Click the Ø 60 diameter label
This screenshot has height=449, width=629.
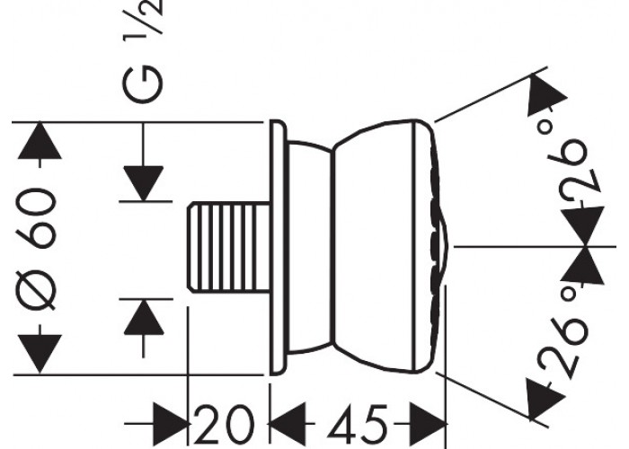tap(35, 249)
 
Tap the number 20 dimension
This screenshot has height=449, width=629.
tap(225, 423)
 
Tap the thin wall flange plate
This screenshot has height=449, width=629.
tap(277, 247)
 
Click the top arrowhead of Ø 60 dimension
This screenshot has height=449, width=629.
tap(40, 140)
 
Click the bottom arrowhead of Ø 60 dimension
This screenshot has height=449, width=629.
tap(40, 354)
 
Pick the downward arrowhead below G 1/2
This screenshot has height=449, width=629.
tap(143, 183)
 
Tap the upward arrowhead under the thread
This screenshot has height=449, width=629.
tap(144, 317)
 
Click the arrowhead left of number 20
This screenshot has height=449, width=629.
tap(172, 423)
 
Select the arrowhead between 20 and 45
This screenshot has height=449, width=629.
tap(287, 423)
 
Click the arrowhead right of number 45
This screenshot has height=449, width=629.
tap(428, 423)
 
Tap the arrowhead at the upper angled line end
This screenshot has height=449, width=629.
tap(545, 96)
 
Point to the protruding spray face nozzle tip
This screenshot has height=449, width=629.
tap(443, 247)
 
